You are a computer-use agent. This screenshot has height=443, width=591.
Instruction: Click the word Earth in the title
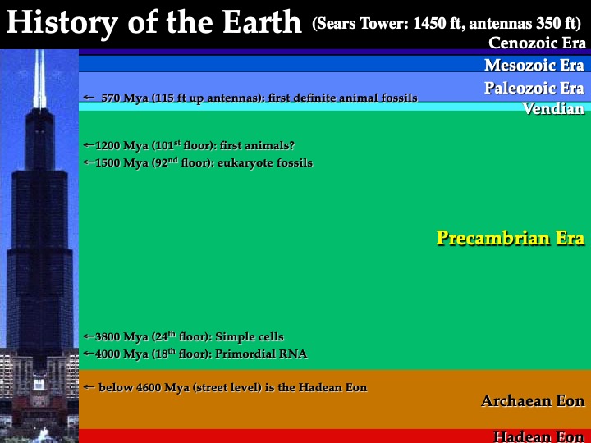point(262,22)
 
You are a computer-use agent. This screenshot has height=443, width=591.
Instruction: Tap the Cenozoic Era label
point(537,43)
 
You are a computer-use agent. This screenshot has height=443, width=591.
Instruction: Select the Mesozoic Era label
point(534,65)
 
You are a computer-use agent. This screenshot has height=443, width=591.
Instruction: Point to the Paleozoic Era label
point(534,88)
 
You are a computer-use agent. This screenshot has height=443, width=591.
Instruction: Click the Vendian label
point(554,109)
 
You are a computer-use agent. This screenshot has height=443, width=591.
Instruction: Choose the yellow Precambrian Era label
point(511,238)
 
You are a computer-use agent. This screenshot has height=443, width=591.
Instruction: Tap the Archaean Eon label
point(533,401)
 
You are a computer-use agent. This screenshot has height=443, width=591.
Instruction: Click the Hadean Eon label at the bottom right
point(539,436)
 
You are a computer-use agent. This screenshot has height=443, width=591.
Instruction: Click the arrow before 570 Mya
point(89,98)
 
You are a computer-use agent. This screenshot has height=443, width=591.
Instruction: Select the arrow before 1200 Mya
point(89,144)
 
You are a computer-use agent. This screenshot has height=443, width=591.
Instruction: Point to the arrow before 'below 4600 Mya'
point(89,387)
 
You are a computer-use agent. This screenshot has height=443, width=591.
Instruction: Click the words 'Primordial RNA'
point(261,354)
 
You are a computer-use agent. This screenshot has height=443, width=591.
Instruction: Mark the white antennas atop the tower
point(39,79)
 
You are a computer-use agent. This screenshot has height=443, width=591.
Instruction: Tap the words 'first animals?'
point(257,145)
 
